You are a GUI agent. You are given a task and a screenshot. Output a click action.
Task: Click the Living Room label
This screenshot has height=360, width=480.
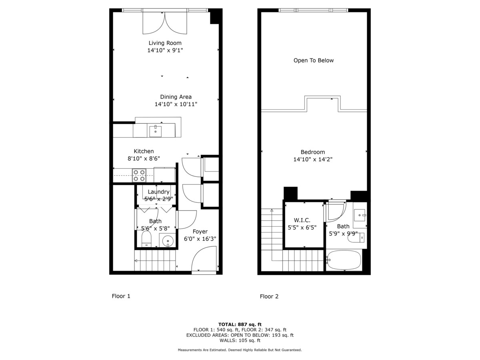tap(165, 43)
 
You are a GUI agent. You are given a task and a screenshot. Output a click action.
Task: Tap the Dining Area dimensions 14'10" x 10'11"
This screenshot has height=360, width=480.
tap(176, 104)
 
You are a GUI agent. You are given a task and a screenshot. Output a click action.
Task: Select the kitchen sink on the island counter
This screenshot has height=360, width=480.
tap(156, 131)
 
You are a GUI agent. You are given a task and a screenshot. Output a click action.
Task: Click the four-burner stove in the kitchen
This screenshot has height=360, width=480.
tap(139, 175)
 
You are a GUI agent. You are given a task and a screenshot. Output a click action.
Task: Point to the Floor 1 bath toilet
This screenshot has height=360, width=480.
tap(146, 238)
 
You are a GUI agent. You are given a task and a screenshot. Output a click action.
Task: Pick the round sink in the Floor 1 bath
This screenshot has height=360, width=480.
tap(168, 241)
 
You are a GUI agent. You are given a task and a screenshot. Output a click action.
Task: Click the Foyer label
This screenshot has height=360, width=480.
tap(200, 232)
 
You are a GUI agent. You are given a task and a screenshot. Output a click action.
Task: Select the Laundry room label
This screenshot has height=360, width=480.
tap(158, 192)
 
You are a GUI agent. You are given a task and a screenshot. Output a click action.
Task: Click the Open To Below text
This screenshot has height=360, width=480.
tap(313, 60)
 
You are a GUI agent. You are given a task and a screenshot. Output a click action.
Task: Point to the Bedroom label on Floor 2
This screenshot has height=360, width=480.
tap(313, 152)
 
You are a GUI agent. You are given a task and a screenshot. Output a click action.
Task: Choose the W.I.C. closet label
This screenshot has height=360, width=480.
tap(302, 220)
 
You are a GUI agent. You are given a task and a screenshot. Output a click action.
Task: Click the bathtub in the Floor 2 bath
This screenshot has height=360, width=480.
tap(343, 260)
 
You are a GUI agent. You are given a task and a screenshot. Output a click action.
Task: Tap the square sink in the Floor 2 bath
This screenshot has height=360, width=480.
tap(360, 215)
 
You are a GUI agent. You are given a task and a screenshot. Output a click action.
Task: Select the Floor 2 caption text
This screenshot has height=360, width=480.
tap(269, 296)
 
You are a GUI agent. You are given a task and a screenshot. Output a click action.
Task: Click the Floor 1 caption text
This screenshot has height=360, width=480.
tap(121, 296)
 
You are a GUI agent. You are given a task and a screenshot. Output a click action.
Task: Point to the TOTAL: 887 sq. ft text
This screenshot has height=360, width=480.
tap(240, 324)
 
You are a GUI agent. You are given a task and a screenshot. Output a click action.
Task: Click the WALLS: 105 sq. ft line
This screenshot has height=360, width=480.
tap(240, 340)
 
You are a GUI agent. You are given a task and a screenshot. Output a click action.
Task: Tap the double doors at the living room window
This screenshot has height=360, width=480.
tap(165, 23)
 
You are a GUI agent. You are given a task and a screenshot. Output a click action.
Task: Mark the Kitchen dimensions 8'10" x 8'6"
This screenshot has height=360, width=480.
tap(144, 158)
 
